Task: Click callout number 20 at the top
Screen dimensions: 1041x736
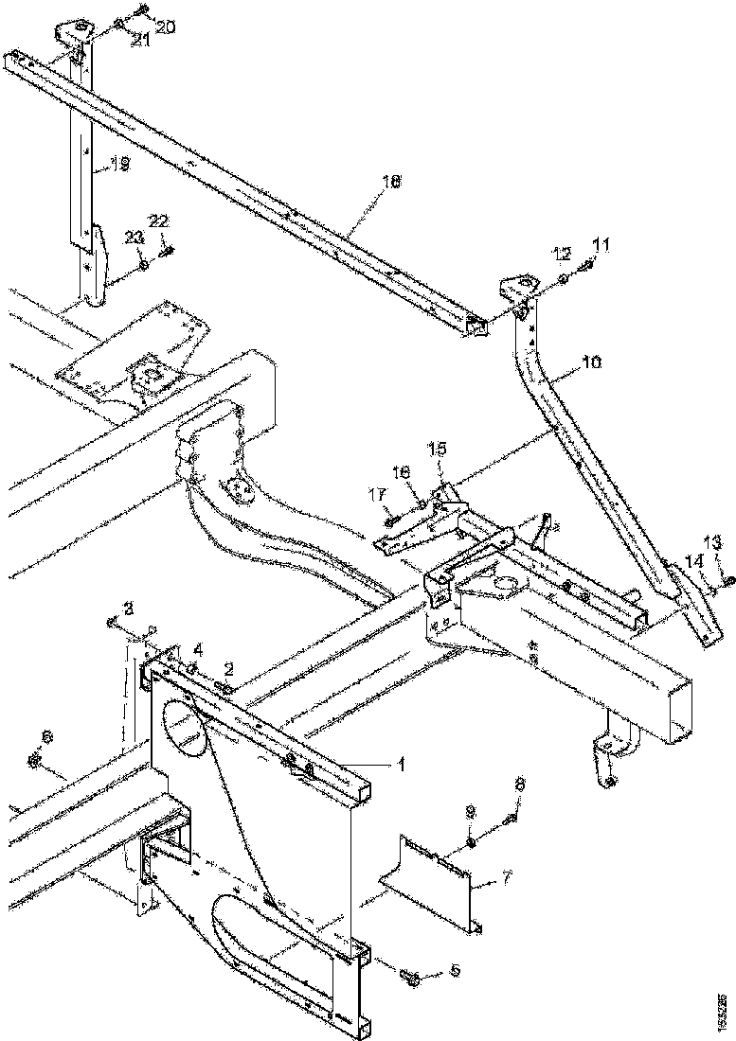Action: (165, 27)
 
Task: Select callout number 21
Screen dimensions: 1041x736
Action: (139, 39)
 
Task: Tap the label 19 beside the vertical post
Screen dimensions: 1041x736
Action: (118, 165)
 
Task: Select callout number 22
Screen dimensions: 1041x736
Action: (158, 220)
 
